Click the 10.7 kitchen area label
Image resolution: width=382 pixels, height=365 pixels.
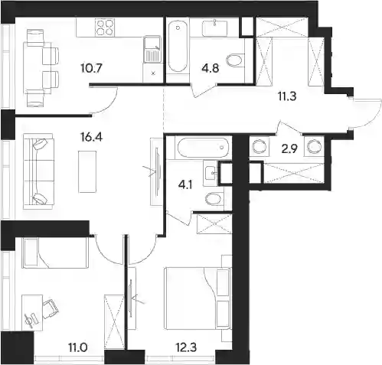point(92,68)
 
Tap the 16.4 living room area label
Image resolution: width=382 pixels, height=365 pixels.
point(92,138)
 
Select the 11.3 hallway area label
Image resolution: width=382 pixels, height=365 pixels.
point(287,96)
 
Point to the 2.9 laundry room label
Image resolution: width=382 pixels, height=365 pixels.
point(289,149)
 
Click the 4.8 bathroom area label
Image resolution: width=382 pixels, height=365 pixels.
point(211,68)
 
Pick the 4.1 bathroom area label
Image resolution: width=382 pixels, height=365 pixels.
point(185,184)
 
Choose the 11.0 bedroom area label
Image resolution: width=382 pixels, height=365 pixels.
point(78,347)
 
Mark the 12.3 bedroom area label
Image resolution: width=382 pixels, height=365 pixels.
point(186,347)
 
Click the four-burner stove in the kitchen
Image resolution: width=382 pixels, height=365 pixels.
point(105,28)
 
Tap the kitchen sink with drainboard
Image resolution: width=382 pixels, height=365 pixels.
point(152,49)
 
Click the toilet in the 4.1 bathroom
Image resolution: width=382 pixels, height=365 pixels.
point(214,199)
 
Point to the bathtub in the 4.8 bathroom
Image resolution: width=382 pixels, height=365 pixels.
point(178,46)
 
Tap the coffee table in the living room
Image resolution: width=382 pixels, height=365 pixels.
point(87,171)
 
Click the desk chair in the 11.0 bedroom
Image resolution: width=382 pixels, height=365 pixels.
point(51,308)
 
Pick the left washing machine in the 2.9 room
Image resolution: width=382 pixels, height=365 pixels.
point(260,147)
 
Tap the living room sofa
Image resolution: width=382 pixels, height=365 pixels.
point(38,171)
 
